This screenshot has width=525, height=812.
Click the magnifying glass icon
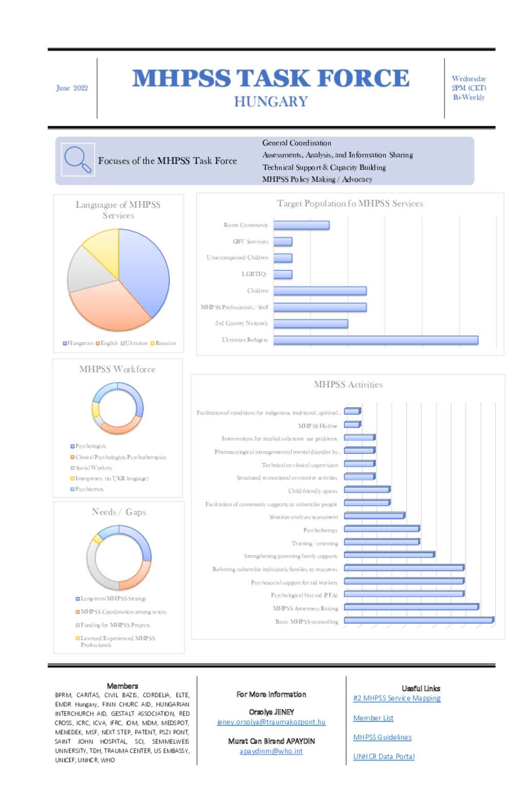77,160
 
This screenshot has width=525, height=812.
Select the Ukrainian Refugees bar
375,340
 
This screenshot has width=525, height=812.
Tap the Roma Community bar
301,225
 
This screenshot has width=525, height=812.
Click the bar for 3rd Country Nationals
310,324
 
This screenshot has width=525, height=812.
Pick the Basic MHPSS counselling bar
418,621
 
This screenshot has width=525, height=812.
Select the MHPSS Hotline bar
352,425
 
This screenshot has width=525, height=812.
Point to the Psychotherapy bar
381,529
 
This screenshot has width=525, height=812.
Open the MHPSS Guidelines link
382,738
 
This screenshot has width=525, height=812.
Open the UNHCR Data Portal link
383,757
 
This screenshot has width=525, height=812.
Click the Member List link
373,718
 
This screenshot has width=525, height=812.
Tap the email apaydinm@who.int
271,751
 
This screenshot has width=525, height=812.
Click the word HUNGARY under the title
271,102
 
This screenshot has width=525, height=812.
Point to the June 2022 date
72,88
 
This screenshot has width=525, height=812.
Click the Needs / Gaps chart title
119,512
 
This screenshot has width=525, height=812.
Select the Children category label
257,291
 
